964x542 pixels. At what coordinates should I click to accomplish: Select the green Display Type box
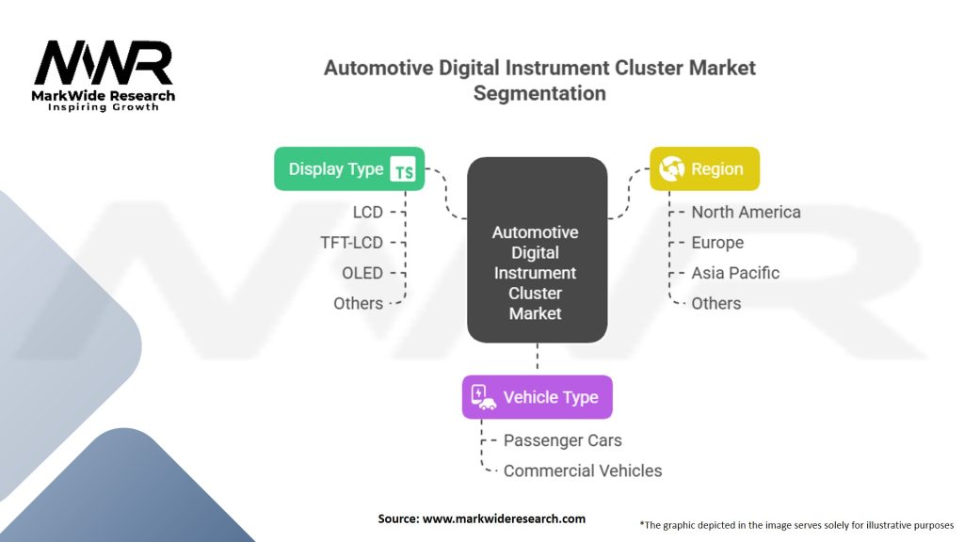pyautogui.click(x=349, y=169)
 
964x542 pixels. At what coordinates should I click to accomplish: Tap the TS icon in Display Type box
pyautogui.click(x=403, y=170)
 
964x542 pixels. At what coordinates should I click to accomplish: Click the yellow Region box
pyautogui.click(x=704, y=169)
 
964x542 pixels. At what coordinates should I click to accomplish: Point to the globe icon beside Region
pyautogui.click(x=672, y=169)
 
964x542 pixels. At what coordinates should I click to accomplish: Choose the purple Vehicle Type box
pyautogui.click(x=537, y=397)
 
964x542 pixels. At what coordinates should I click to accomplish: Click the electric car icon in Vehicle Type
pyautogui.click(x=483, y=397)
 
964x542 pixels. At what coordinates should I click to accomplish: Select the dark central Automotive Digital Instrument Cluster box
pyautogui.click(x=537, y=250)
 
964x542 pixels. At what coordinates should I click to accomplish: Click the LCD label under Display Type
pyautogui.click(x=367, y=213)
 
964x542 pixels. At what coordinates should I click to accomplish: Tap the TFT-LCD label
pyautogui.click(x=351, y=243)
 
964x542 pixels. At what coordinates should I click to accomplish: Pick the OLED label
pyautogui.click(x=362, y=273)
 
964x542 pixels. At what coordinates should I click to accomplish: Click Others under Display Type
pyautogui.click(x=358, y=303)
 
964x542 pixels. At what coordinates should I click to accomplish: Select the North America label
pyautogui.click(x=746, y=213)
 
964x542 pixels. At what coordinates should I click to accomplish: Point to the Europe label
pyautogui.click(x=717, y=243)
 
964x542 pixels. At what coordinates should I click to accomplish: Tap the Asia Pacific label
pyautogui.click(x=735, y=273)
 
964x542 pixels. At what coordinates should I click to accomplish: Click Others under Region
pyautogui.click(x=716, y=303)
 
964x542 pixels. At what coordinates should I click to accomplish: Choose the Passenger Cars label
pyautogui.click(x=562, y=440)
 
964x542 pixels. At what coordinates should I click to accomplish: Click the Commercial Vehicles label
pyautogui.click(x=583, y=470)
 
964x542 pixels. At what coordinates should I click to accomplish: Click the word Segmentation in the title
pyautogui.click(x=539, y=93)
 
